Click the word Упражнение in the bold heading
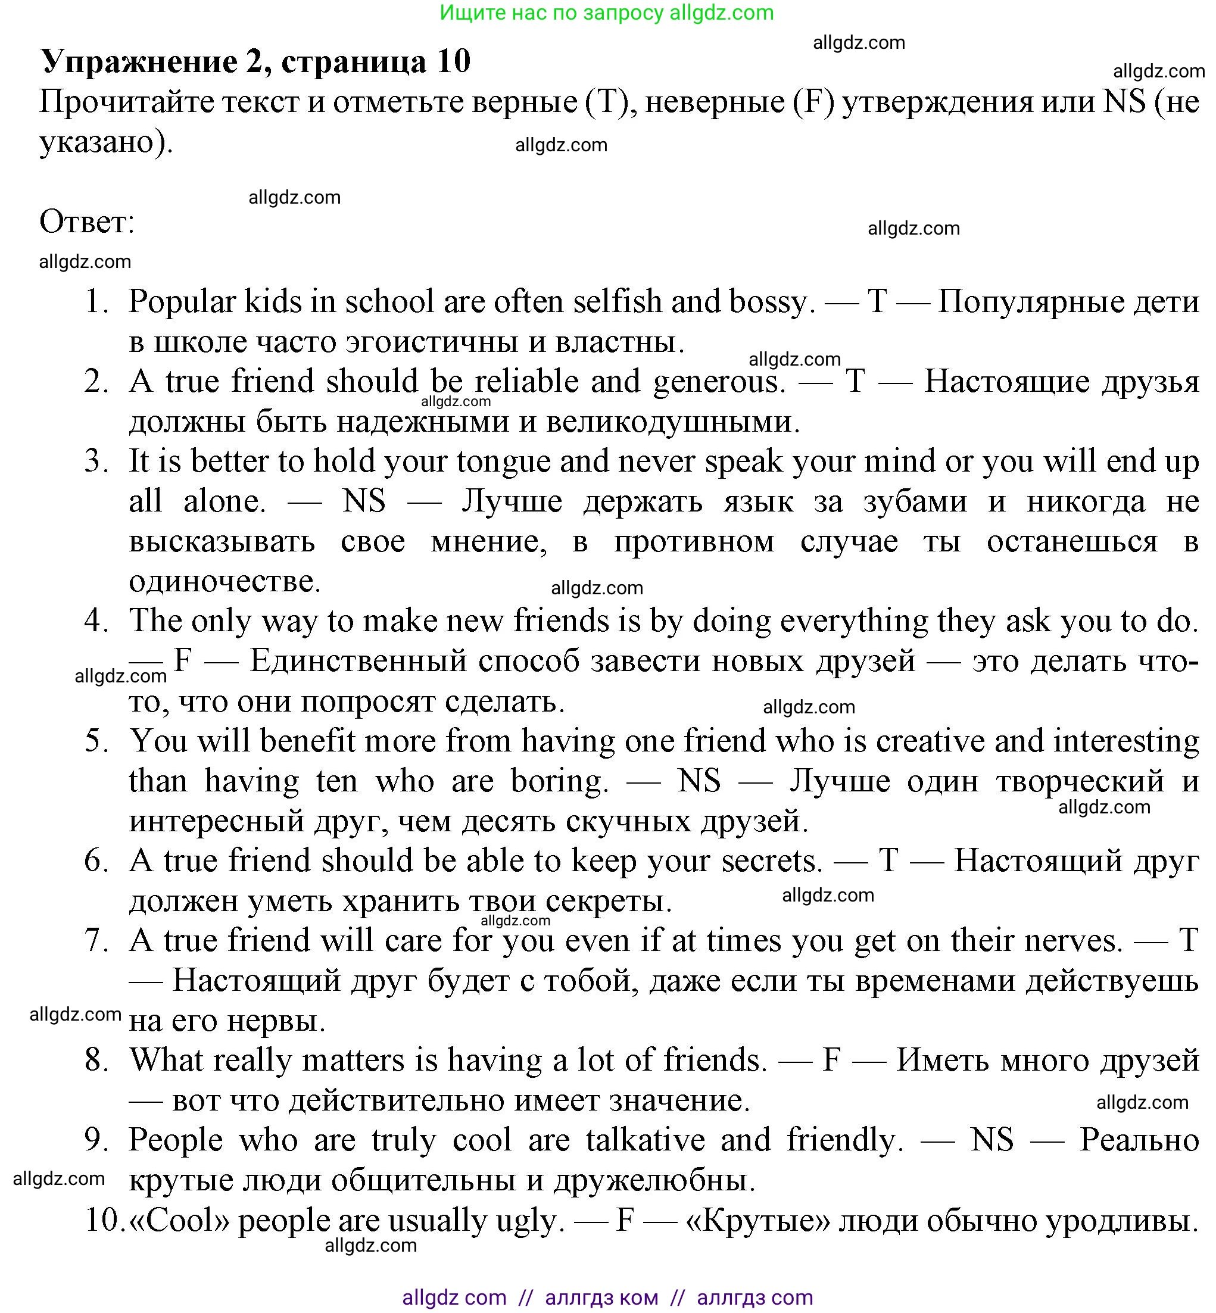[139, 62]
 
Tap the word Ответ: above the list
[87, 222]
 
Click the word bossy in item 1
[771, 302]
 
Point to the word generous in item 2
[718, 382]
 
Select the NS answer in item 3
[364, 502]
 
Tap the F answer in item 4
[182, 660]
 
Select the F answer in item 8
[832, 1060]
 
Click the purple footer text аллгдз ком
[601, 1297]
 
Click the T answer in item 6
[888, 860]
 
